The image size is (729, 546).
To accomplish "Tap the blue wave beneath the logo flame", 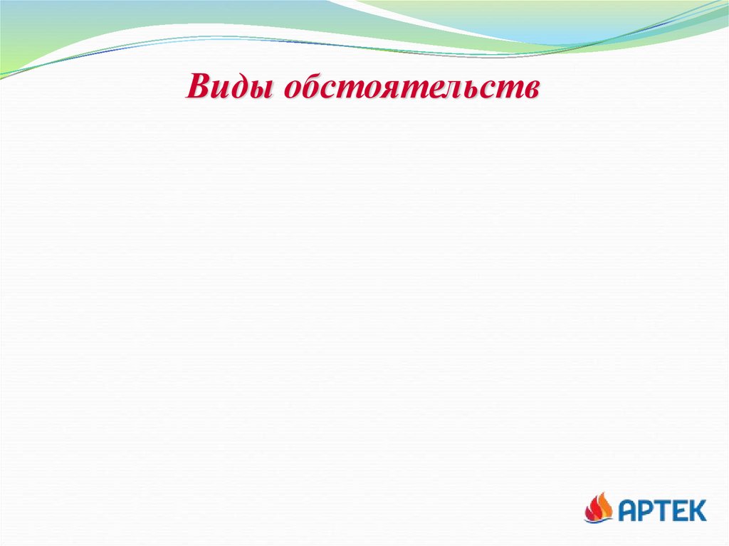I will click(x=599, y=520).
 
